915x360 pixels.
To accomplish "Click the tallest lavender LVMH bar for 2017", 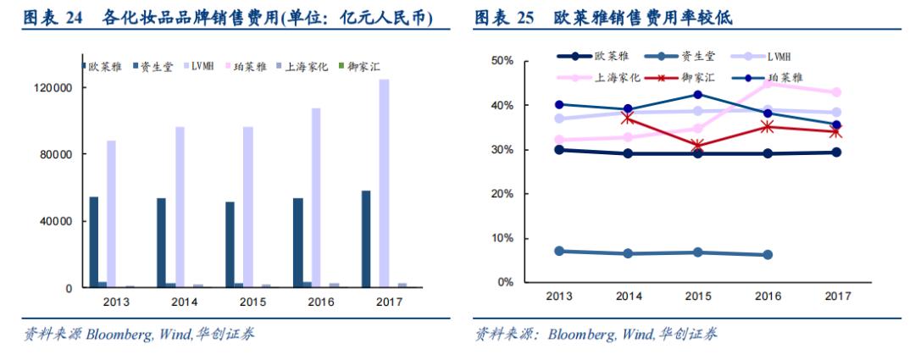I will coord(384,183).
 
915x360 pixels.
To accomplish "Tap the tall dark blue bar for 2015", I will coord(230,244).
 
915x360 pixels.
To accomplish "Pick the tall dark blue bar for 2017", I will coord(366,239).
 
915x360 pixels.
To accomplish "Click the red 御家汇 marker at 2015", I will coord(696,146).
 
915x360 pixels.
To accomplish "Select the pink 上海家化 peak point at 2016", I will coord(768,83).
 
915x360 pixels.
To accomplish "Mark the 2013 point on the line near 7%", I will coord(558,251).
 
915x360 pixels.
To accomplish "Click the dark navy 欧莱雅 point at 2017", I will coord(836,152).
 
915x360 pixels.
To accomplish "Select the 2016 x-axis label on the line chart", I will coord(768,296).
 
